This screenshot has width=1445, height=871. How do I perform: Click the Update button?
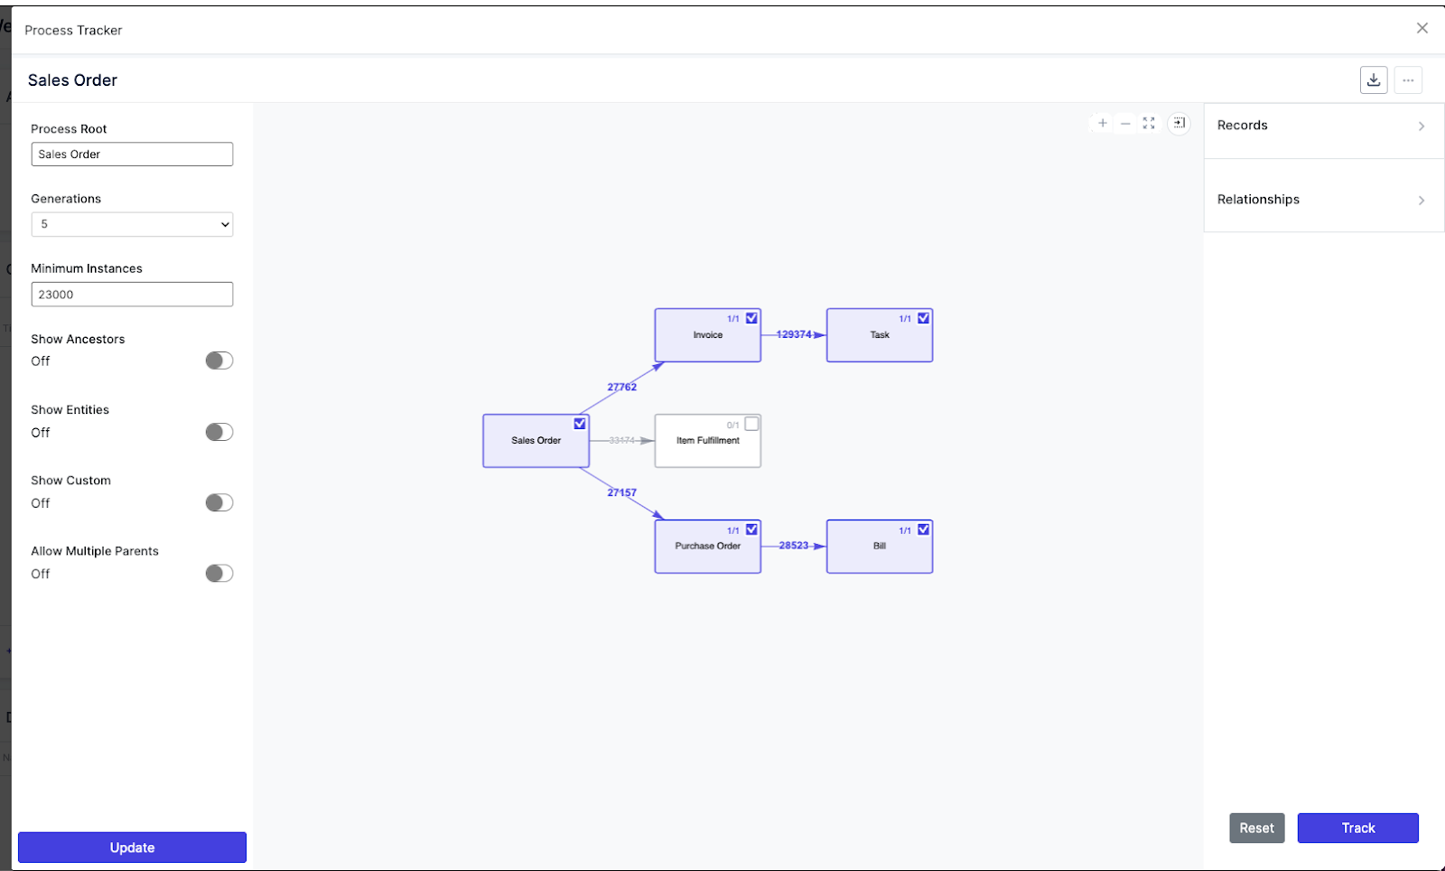(x=132, y=848)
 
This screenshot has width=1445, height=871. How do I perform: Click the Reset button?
(x=1256, y=828)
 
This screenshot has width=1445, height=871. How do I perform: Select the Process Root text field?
(x=132, y=155)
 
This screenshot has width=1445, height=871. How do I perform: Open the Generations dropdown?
(x=132, y=224)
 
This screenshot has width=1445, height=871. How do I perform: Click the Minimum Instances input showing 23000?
(x=132, y=295)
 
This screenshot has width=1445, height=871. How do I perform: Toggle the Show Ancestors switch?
(x=219, y=361)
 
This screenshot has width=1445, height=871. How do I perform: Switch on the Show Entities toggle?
(x=219, y=432)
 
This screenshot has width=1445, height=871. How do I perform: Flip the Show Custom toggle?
(x=219, y=502)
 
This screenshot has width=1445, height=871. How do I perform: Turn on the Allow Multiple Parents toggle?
(x=219, y=573)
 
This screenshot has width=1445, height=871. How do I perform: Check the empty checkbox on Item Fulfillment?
(x=751, y=424)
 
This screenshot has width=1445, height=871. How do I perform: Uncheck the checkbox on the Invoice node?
(x=751, y=318)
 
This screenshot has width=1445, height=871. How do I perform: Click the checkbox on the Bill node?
(x=924, y=529)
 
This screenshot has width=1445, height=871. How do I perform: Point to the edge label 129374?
(x=794, y=334)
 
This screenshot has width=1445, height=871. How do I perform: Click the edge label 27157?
(x=622, y=492)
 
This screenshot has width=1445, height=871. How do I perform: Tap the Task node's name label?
(x=880, y=335)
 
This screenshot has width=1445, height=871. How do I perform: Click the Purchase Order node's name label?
(x=708, y=546)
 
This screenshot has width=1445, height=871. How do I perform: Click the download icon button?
(x=1374, y=80)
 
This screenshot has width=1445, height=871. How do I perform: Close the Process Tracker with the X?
(x=1422, y=28)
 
